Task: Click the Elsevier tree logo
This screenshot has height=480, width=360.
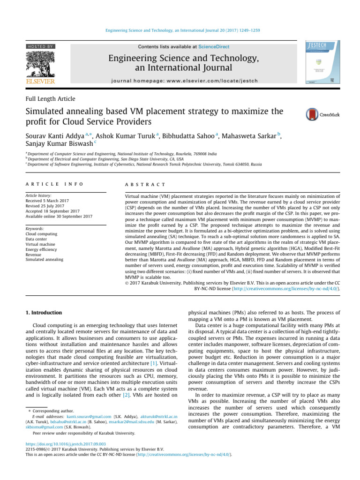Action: pyautogui.click(x=40, y=64)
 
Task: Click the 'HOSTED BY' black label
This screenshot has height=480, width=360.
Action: pyautogui.click(x=40, y=47)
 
